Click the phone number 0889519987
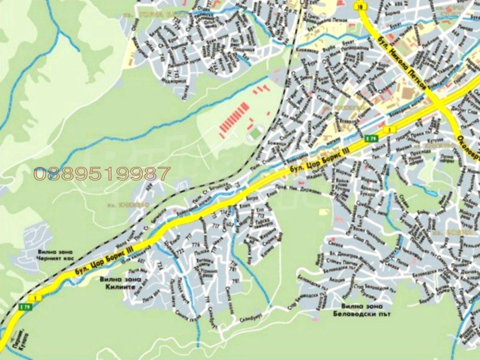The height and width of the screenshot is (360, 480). (102, 174)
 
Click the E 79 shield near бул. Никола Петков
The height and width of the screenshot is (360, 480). (371, 138)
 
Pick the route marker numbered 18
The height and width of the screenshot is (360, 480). (360, 7)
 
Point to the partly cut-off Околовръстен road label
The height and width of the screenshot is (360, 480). (469, 148)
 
